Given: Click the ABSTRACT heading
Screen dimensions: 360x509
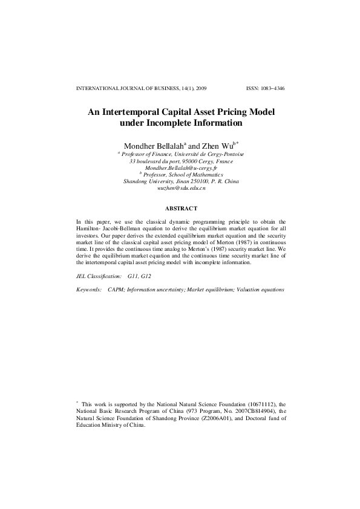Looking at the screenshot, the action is click(x=180, y=208).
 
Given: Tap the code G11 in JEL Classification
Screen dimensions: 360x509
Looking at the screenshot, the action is click(x=133, y=276).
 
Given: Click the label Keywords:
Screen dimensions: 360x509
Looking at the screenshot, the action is click(x=89, y=290).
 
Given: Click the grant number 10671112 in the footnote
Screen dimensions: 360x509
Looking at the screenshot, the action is click(x=263, y=403).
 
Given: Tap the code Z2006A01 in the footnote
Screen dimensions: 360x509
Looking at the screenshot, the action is click(x=208, y=418).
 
